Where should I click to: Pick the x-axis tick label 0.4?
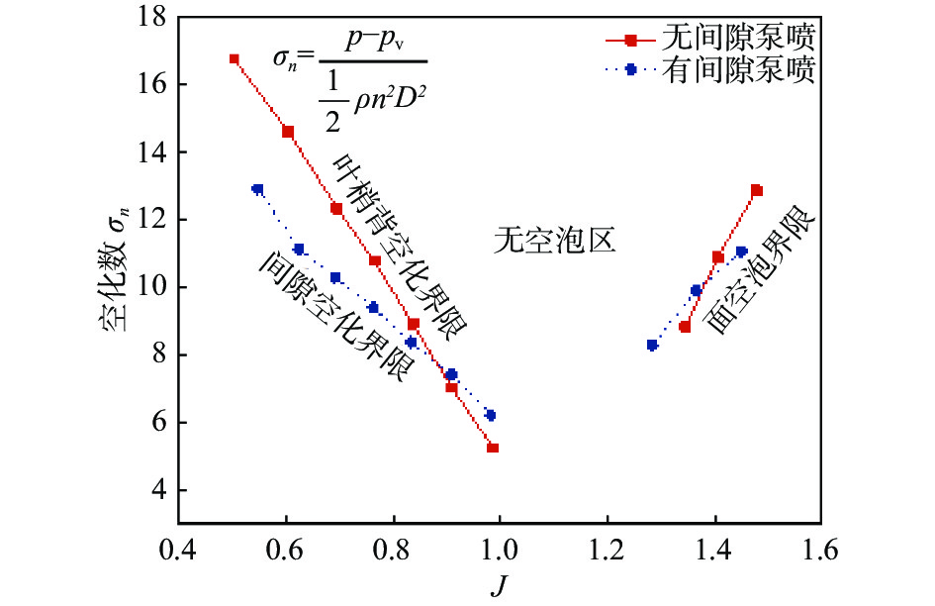tap(179, 548)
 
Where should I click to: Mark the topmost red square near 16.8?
tap(234, 59)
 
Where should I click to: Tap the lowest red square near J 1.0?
tap(493, 449)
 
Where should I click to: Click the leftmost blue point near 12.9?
tap(258, 189)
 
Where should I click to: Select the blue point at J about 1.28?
tap(652, 346)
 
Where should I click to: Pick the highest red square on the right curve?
tap(757, 190)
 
